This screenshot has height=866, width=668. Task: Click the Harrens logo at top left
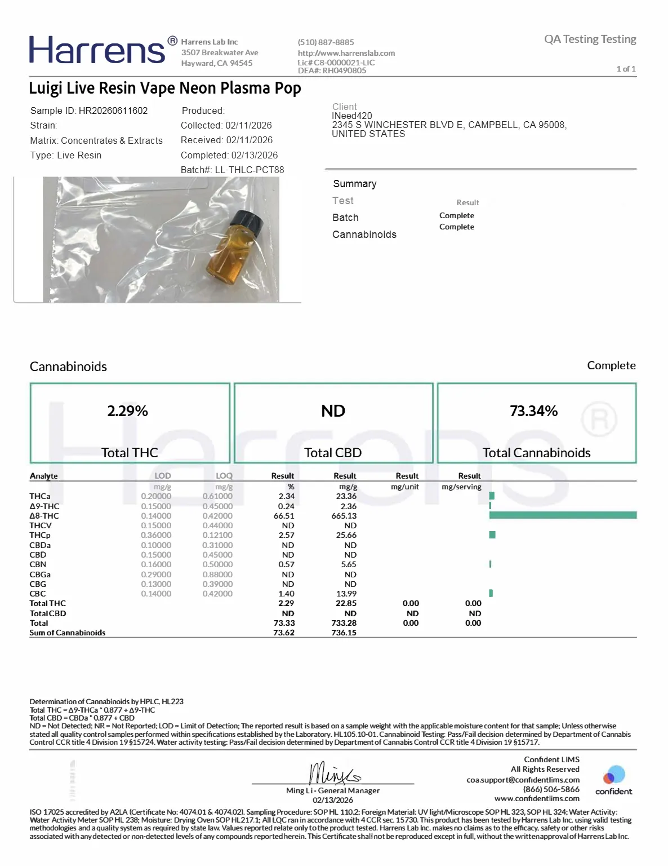pos(97,50)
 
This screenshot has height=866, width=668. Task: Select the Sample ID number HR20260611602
pos(113,111)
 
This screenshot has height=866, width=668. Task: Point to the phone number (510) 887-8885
pos(326,42)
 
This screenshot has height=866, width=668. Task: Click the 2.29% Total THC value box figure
pos(128,411)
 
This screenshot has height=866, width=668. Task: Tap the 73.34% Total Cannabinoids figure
pos(533,411)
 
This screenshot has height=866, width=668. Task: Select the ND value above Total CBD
pos(333,411)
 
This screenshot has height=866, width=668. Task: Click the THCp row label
pos(40,535)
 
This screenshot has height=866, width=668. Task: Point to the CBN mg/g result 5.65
pos(348,564)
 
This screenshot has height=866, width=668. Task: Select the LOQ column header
pos(224,476)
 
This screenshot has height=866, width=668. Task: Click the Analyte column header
pos(44,476)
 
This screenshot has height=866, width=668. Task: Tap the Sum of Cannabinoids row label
pos(68,633)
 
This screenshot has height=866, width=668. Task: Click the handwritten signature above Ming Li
pos(333,773)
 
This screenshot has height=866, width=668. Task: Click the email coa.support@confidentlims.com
pos(523,780)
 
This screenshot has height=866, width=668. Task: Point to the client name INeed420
pos(352,116)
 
